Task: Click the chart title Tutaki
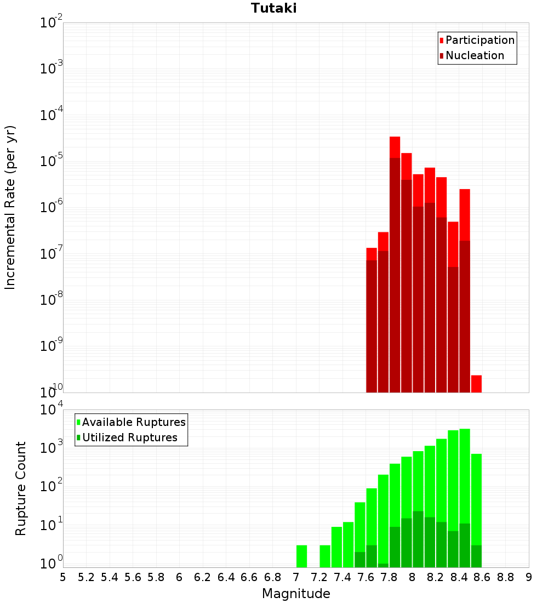click(x=273, y=8)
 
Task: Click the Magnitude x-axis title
click(x=296, y=594)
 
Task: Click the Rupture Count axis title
click(x=21, y=488)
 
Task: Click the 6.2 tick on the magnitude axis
click(x=203, y=577)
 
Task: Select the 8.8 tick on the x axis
click(x=506, y=577)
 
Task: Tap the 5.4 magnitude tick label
click(x=110, y=577)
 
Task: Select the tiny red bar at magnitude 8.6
click(x=476, y=384)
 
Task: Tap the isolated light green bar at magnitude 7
click(x=301, y=556)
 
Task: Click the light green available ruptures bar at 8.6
click(x=476, y=499)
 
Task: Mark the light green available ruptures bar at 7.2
click(x=325, y=556)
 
